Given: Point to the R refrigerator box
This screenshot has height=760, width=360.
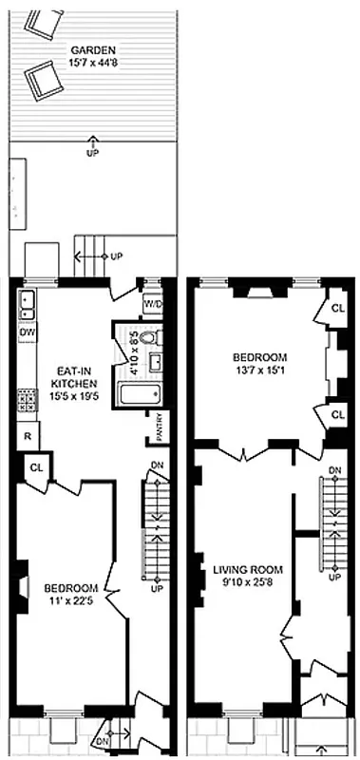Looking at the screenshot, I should [x=26, y=435].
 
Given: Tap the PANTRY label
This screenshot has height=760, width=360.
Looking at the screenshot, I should [x=159, y=427].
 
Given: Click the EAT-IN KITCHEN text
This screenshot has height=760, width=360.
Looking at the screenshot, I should [x=67, y=375].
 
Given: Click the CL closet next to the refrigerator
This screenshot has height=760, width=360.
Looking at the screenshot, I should [x=37, y=467].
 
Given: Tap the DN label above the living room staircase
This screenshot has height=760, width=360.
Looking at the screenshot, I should [x=334, y=470].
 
